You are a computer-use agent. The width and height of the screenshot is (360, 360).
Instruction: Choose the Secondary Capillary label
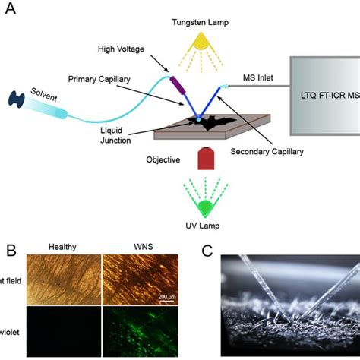click(269, 152)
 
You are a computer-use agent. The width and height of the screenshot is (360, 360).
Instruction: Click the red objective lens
click(204, 160)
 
